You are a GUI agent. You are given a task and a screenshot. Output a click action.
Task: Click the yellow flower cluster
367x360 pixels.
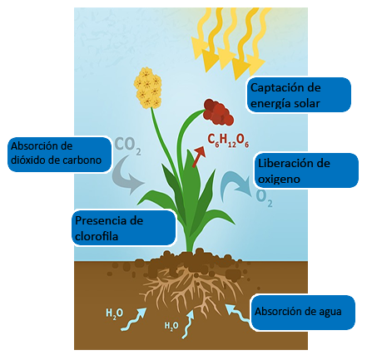point(148,87)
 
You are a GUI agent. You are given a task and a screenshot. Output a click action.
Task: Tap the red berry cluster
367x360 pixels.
point(218,112)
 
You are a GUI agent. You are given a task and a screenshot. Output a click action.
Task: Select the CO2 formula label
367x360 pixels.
point(128,145)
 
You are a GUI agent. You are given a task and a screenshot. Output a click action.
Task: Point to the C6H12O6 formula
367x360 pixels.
point(228,141)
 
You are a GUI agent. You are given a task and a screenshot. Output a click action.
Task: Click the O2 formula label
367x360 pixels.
point(264,198)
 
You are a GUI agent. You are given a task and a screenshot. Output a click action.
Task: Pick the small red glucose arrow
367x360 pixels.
point(199,157)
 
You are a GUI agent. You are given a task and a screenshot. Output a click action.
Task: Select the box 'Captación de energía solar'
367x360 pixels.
point(299,95)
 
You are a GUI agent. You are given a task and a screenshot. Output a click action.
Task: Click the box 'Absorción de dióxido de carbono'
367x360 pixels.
point(59,155)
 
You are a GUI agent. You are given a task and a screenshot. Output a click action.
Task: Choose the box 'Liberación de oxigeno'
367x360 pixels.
point(306,170)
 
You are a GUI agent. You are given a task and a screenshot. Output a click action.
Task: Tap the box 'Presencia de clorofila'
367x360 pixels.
point(124,228)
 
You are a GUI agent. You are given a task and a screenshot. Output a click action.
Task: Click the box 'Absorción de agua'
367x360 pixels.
point(303,313)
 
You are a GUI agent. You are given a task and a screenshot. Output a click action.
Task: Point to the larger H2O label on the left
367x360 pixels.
point(115,313)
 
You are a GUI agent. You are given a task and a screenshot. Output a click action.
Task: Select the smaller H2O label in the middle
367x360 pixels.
point(171,326)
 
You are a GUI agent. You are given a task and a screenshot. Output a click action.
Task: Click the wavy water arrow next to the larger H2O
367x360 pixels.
point(134,319)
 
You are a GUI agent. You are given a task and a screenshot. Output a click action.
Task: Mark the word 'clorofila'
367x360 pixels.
point(97,236)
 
